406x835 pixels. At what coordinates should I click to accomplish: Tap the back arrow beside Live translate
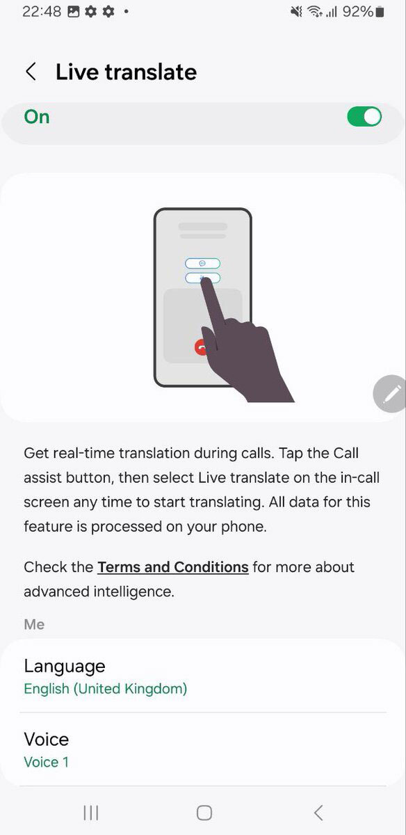[x=31, y=72]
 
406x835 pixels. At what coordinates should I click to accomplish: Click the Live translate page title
[x=126, y=72]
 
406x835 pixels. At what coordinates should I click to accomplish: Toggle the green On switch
[x=364, y=117]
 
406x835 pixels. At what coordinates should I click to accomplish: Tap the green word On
[x=37, y=117]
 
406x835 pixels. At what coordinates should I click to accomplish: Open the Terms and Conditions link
[x=173, y=567]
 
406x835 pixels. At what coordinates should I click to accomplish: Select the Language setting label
[x=65, y=667]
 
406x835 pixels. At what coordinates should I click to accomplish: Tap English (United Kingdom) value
[x=106, y=688]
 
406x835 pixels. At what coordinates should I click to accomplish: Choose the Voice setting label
[x=47, y=739]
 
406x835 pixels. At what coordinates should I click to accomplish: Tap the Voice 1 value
[x=47, y=762]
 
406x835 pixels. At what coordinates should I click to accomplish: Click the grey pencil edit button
[x=389, y=394]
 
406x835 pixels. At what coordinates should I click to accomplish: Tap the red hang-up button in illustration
[x=201, y=347]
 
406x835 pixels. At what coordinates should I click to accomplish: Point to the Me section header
[x=34, y=624]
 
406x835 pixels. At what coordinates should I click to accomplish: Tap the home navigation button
[x=204, y=813]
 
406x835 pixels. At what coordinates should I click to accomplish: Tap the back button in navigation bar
[x=318, y=813]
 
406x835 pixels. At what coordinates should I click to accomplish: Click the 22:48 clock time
[x=42, y=12]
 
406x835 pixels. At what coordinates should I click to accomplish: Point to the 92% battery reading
[x=358, y=12]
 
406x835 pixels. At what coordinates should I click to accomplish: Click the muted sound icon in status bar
[x=296, y=12]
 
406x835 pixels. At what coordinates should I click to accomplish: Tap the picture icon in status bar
[x=74, y=12]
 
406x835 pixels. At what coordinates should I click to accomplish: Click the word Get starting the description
[x=37, y=453]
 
